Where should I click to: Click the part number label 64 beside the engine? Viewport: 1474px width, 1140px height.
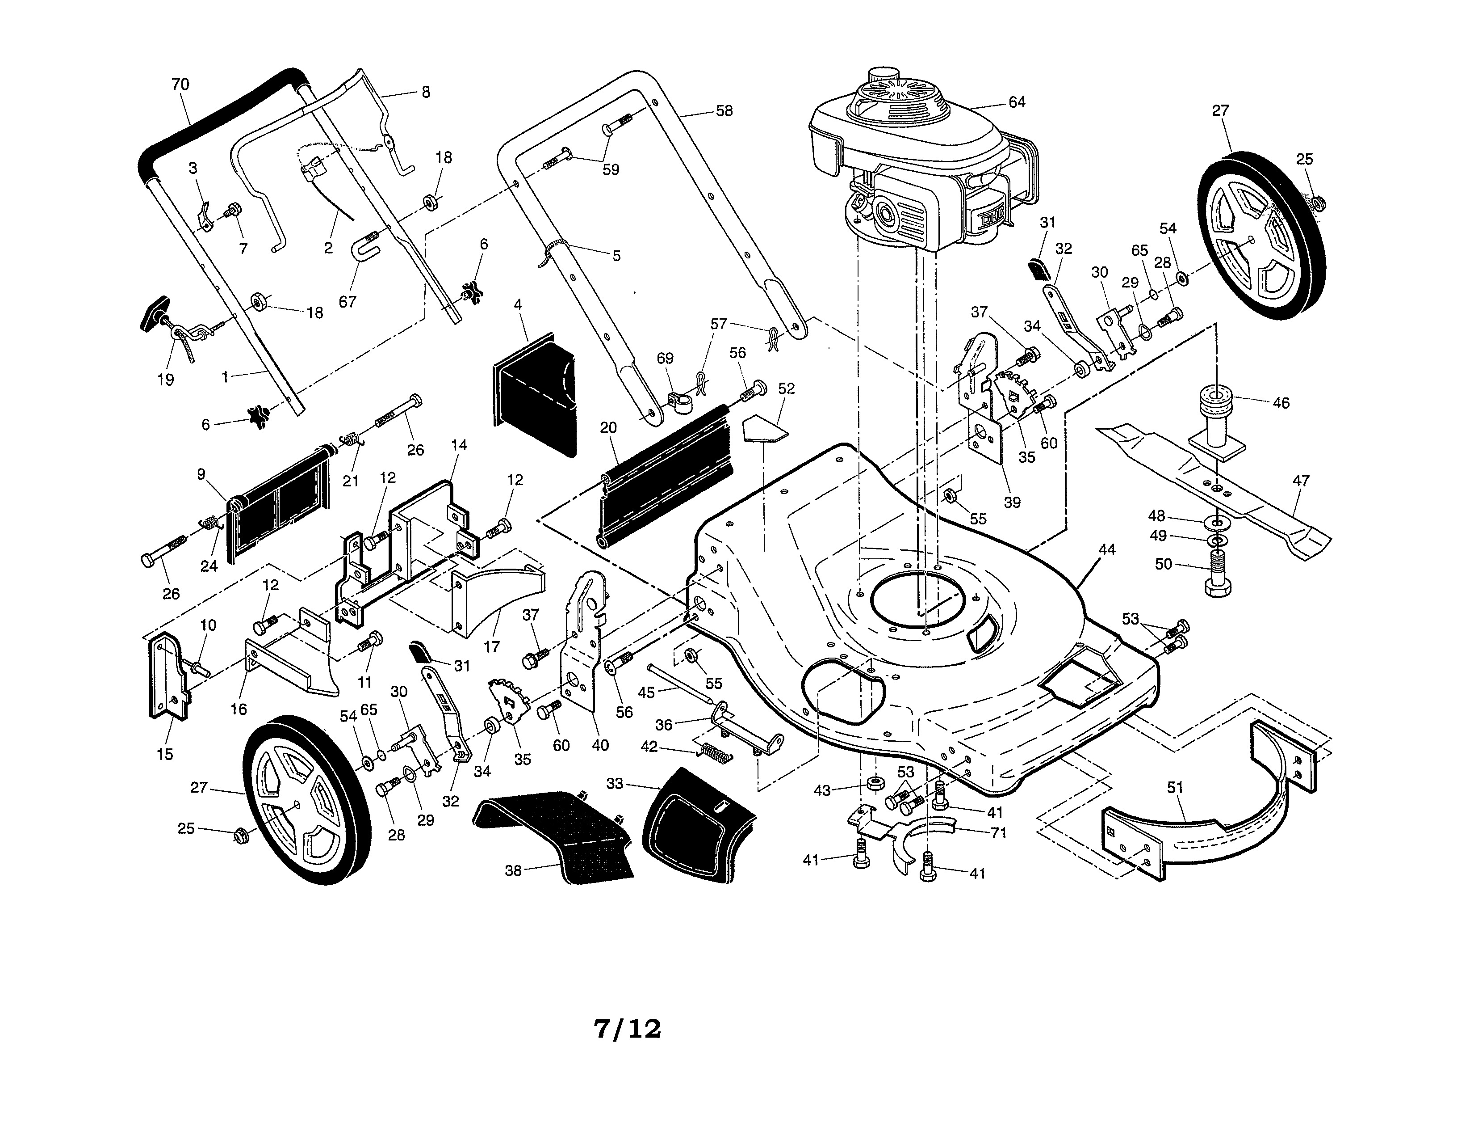point(1017,102)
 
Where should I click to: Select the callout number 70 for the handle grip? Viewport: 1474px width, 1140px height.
point(180,84)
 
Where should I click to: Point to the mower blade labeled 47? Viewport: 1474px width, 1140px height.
point(1215,493)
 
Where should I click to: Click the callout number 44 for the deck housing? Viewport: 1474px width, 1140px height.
point(1107,550)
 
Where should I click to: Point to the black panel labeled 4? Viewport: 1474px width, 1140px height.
point(536,398)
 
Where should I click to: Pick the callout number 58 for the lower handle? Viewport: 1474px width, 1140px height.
point(724,111)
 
